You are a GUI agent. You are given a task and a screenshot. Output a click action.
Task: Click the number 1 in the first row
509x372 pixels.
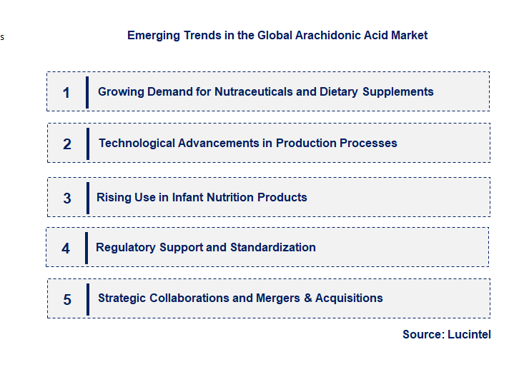pos(66,92)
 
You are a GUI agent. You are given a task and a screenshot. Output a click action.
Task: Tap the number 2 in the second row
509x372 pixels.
pos(67,144)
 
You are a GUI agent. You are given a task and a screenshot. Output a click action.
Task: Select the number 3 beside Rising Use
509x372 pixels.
pos(67,198)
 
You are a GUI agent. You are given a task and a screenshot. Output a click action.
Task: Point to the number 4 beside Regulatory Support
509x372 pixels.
pos(66,248)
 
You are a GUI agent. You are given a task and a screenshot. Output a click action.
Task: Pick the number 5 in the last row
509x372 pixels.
pos(67,299)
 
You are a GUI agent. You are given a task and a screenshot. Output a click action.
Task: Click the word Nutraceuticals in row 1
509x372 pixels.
pos(254,91)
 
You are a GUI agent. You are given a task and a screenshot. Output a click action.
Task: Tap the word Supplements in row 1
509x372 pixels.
pos(397,91)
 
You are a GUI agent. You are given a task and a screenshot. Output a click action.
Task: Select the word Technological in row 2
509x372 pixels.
pos(136,143)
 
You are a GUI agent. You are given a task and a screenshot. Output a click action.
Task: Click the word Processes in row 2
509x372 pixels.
pos(368,143)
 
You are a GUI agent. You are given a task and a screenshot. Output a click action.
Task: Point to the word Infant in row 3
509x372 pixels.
pos(187,197)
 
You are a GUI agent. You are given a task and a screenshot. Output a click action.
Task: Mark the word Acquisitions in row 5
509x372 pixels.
pos(349,298)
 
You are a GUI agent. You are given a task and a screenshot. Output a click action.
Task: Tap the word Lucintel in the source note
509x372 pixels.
pos(469,334)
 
